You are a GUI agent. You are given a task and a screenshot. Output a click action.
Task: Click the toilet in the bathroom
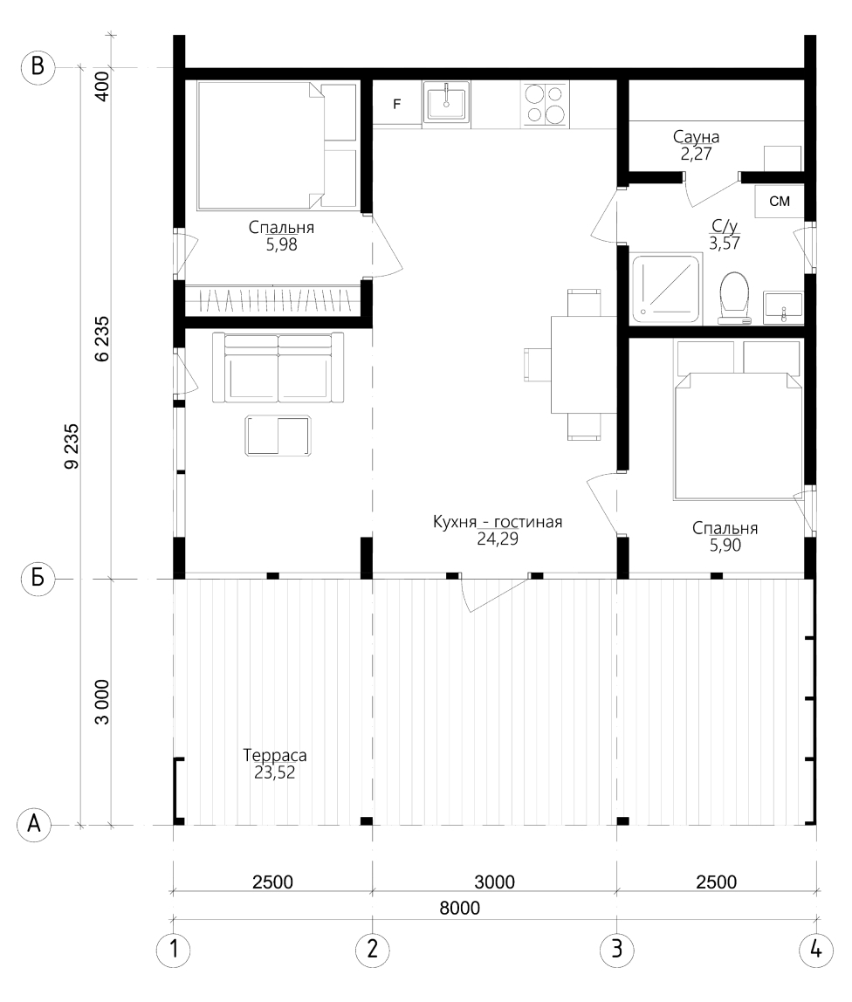[734, 298]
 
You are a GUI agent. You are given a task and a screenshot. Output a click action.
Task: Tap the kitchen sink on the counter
[446, 101]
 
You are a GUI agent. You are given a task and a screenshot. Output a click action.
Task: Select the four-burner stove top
[545, 104]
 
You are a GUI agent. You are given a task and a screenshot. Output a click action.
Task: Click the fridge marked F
[397, 104]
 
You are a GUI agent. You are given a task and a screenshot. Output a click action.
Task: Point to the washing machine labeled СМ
[779, 202]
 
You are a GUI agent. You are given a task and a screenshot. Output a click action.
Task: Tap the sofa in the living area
[278, 367]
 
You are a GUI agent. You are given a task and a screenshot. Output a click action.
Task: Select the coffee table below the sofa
[278, 436]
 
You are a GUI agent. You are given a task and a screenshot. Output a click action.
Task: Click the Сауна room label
[696, 137]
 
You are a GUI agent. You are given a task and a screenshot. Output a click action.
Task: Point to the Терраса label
[275, 755]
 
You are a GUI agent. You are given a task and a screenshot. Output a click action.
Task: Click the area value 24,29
[498, 539]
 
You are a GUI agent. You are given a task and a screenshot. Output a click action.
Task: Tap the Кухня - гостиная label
[498, 522]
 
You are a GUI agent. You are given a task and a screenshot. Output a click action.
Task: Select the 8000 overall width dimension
[459, 908]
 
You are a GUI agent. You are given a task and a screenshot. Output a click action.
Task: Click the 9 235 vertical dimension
[72, 446]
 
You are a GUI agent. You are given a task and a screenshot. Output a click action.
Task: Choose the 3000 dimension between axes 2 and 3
[495, 882]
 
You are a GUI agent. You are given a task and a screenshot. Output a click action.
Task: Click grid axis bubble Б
[38, 579]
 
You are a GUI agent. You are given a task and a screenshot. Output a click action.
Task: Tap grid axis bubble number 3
[617, 948]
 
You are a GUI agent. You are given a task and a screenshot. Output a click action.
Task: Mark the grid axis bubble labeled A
[34, 824]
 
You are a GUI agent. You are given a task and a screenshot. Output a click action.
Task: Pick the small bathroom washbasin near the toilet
[783, 309]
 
